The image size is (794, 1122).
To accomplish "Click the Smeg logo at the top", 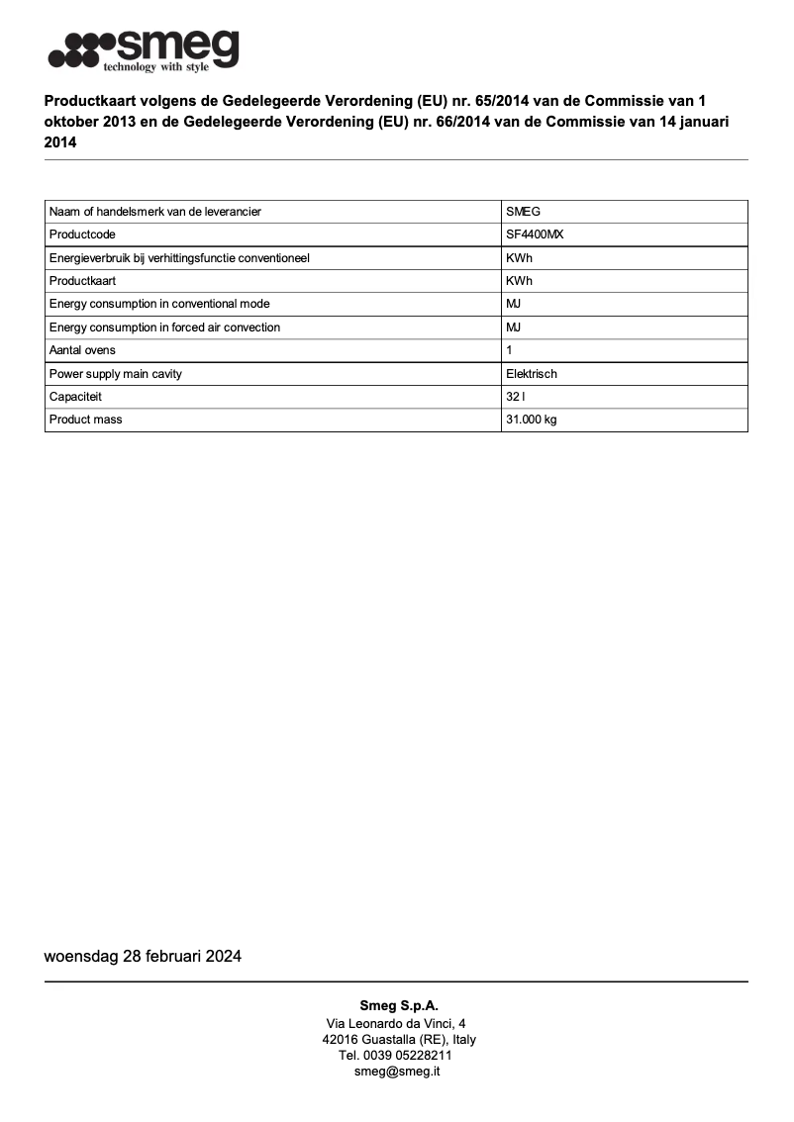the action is click(x=145, y=47).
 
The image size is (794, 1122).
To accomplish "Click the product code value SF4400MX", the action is click(x=535, y=234).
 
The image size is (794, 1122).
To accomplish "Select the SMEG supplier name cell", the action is click(x=523, y=212).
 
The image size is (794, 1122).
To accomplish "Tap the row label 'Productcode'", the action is click(x=82, y=234).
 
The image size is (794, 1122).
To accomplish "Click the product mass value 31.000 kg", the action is click(x=531, y=420).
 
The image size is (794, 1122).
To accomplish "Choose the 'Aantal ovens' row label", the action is click(x=82, y=350).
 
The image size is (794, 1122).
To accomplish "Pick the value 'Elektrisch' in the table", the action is click(x=532, y=374).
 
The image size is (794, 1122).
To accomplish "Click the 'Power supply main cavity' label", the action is click(x=116, y=374).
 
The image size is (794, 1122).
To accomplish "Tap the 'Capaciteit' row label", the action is click(x=76, y=397).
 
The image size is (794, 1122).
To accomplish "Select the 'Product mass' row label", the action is click(x=86, y=420).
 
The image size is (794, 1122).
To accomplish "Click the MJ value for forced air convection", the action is click(x=514, y=327).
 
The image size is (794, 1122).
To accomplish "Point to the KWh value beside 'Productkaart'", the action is click(x=519, y=281).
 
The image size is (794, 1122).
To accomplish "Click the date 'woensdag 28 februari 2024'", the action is click(x=143, y=957).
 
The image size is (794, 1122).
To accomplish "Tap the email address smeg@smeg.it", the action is click(x=397, y=1072).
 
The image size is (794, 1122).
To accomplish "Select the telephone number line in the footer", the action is click(x=397, y=1056).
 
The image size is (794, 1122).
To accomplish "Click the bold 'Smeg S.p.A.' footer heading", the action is click(x=398, y=1006).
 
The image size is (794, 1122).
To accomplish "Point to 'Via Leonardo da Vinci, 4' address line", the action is click(x=397, y=1023).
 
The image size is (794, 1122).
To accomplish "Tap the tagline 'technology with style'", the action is click(x=156, y=66).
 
